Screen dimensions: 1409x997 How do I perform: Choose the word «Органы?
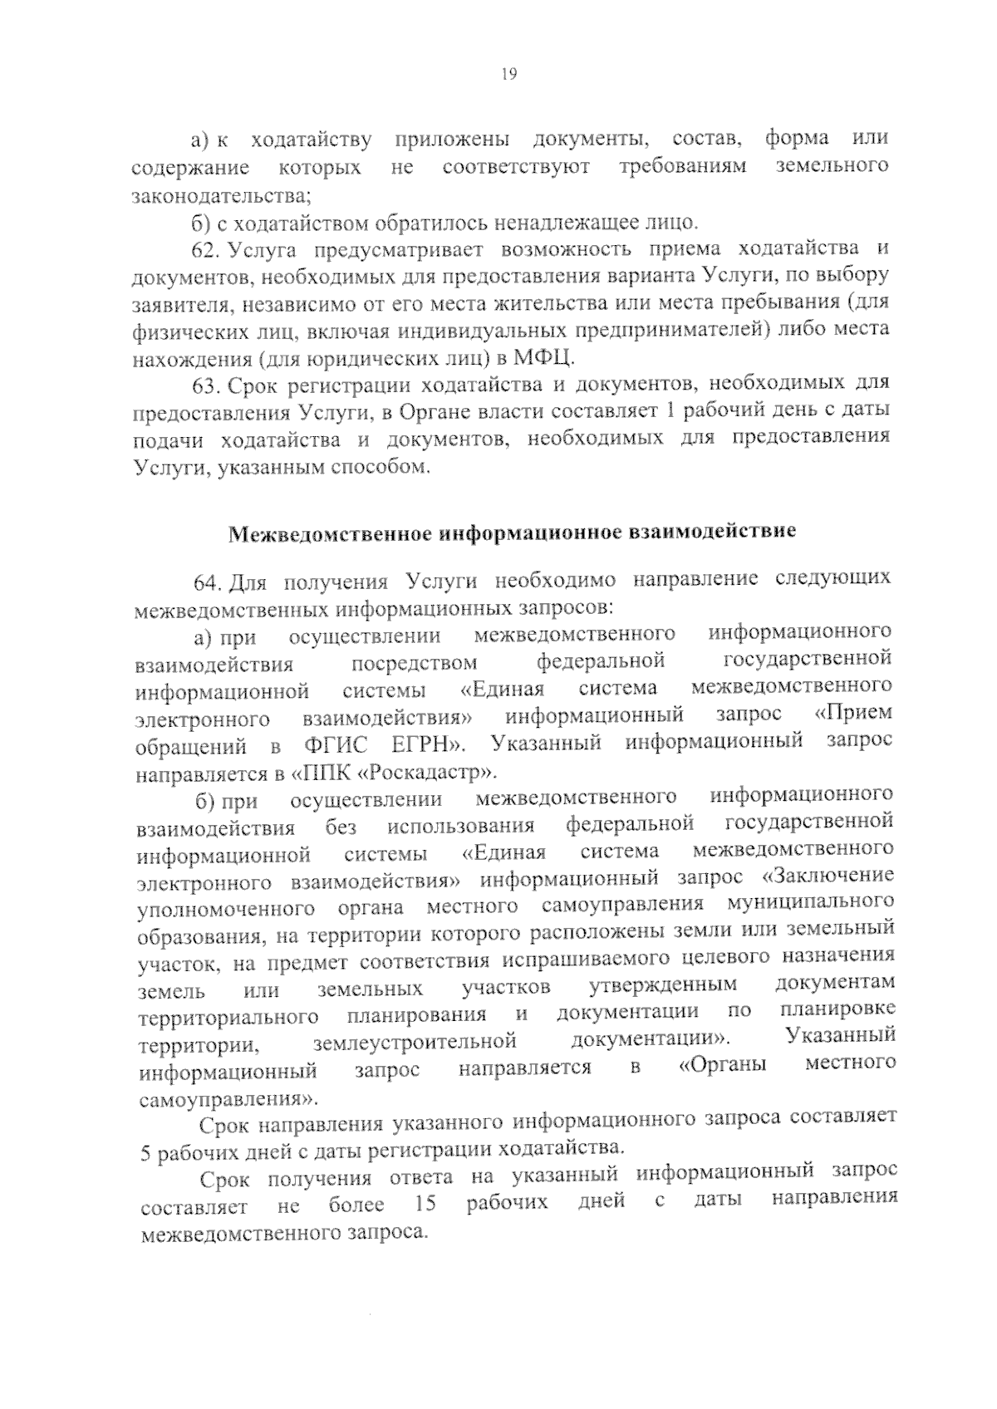[x=722, y=1065]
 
